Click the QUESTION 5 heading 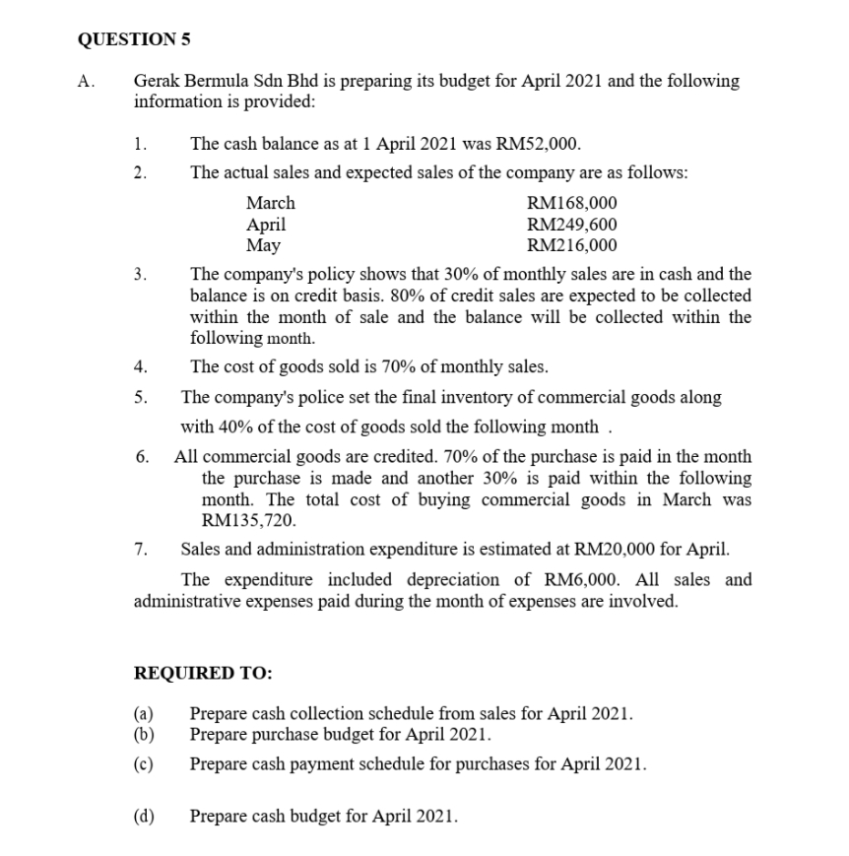[134, 40]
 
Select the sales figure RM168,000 [573, 204]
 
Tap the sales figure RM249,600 [573, 225]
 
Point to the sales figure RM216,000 [573, 245]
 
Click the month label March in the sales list [270, 204]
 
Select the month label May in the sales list [263, 245]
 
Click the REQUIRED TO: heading [203, 674]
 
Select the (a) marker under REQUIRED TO [144, 712]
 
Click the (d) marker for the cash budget [144, 817]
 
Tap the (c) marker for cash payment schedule [144, 763]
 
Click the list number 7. [142, 549]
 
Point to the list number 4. [142, 367]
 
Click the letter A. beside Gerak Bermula [85, 82]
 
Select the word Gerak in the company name [156, 82]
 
